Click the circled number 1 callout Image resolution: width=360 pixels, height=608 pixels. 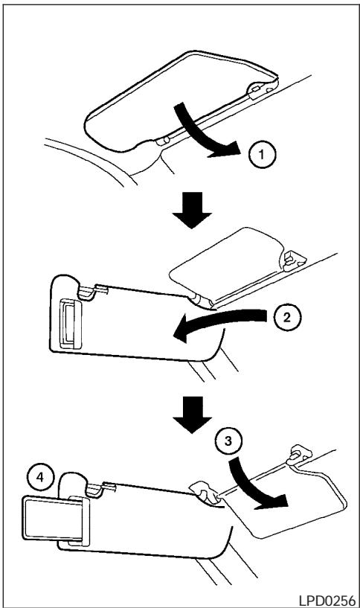[262, 155]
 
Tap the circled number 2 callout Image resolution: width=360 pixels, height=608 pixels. [287, 318]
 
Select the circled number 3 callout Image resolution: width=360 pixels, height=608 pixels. [228, 441]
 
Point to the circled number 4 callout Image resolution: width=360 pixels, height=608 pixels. [40, 478]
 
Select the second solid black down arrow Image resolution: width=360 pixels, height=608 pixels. [192, 415]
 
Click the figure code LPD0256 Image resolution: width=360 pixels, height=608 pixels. [327, 600]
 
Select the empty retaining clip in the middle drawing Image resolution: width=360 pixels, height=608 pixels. [292, 260]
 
